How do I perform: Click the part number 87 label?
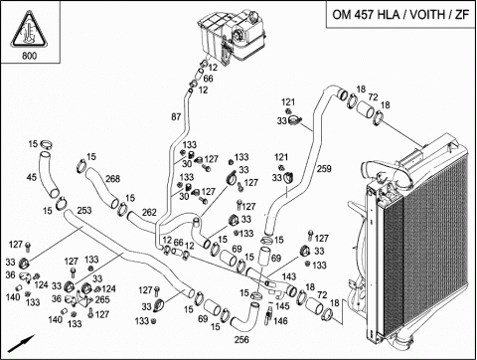coord(176,116)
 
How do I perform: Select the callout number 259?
coord(324,169)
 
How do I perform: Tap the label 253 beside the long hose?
coord(84,211)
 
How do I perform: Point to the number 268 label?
coord(112,179)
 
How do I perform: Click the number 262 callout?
coord(149,213)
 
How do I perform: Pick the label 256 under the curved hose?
coord(241,340)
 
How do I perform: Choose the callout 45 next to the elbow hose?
coord(32,177)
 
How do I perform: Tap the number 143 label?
coord(289,276)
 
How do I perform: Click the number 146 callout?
coord(280,321)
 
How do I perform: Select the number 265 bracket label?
coord(102,299)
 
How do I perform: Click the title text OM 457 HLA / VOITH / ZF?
coord(400,15)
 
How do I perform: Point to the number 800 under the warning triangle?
coord(30,56)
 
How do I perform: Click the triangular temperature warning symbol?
coord(29,29)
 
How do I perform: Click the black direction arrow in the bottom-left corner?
coord(21,344)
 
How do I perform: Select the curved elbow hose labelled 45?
coord(48,174)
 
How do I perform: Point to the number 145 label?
coord(282,305)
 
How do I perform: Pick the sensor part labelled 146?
coord(267,315)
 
